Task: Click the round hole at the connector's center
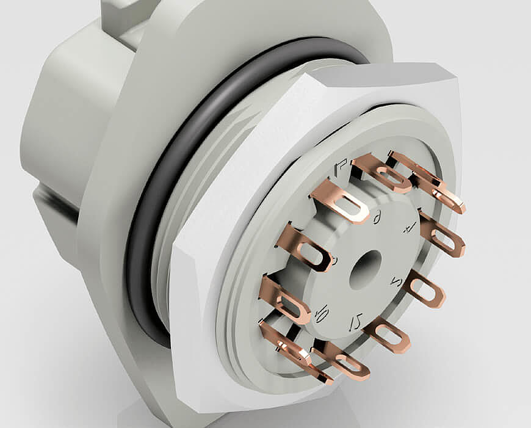[x=365, y=269]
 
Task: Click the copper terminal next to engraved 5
[x=425, y=289]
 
